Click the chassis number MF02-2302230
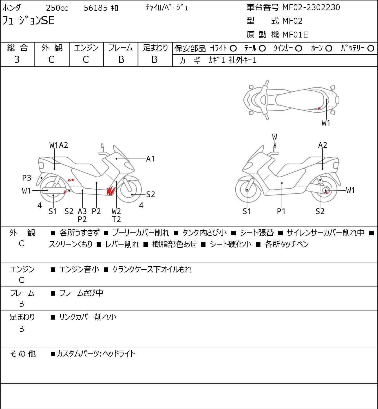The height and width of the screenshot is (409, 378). point(309,7)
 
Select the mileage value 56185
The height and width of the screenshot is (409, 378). point(96,8)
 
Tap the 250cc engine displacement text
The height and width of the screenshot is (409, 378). point(57,8)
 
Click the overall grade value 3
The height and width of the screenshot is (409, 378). point(17,60)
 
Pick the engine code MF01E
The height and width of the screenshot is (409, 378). point(295,35)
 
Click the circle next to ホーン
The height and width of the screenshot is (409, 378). point(329,49)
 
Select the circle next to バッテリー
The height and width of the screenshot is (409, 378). point(371,49)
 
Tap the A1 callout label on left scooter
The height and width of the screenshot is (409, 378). point(151,159)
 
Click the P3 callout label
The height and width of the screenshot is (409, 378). point(27,178)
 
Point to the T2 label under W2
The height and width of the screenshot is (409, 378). point(116,219)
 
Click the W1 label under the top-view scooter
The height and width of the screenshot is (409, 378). point(326,123)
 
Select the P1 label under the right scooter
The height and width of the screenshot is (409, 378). point(281,211)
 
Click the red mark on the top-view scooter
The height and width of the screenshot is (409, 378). point(319,108)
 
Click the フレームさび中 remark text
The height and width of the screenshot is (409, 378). point(81,293)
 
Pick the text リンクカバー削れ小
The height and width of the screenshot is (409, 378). point(88,317)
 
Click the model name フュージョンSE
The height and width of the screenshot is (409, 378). point(28,21)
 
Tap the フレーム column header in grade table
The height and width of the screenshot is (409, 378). point(121,48)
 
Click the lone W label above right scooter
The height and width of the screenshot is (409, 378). point(275,137)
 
